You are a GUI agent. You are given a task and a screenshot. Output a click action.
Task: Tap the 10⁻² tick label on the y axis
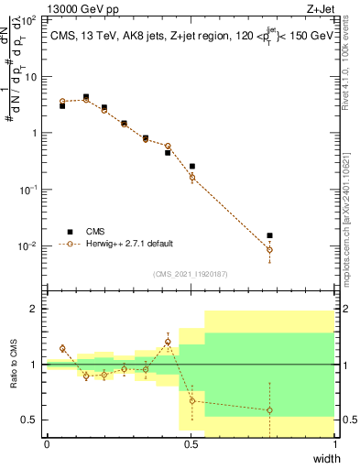click(x=29, y=246)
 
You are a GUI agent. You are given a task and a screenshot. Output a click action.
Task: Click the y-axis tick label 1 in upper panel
click(x=38, y=133)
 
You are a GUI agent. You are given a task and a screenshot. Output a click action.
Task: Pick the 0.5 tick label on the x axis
click(x=191, y=444)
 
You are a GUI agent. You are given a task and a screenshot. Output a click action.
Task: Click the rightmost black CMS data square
click(x=269, y=235)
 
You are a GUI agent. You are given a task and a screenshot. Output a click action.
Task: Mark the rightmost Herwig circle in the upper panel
click(x=269, y=250)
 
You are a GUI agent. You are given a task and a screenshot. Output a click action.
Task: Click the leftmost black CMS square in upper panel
click(x=62, y=106)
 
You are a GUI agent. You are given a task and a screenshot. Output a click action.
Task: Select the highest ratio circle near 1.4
click(x=168, y=342)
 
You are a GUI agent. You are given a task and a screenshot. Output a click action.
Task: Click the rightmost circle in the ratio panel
click(x=269, y=410)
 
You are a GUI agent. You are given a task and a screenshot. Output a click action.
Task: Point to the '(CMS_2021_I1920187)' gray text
click(x=190, y=274)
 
